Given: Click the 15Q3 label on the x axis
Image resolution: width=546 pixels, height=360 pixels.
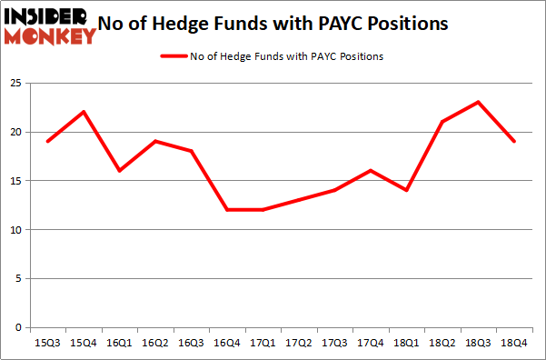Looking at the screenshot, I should pyautogui.click(x=47, y=344).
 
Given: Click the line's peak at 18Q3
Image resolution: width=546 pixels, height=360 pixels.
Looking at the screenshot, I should pyautogui.click(x=478, y=102).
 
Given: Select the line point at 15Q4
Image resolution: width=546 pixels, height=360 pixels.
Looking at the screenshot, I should pyautogui.click(x=84, y=112).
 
